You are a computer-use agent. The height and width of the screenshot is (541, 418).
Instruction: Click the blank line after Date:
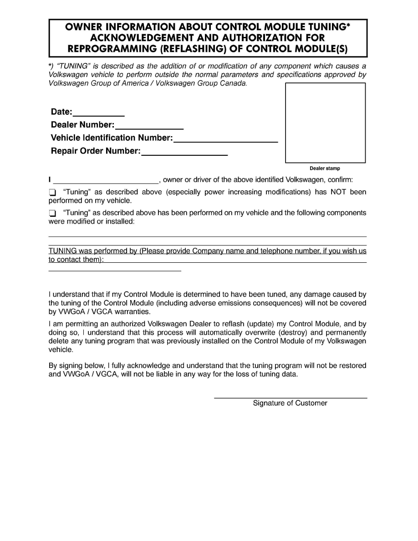[99, 113]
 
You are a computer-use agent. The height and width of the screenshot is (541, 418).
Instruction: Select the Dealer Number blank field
[149, 126]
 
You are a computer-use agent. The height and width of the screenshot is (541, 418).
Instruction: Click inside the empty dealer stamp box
[325, 122]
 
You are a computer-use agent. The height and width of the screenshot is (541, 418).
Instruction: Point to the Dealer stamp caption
[325, 168]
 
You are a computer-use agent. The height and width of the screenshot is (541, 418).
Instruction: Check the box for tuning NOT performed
[52, 192]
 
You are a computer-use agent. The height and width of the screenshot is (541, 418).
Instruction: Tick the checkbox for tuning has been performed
[52, 213]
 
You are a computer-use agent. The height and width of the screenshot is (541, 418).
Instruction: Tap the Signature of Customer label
[290, 403]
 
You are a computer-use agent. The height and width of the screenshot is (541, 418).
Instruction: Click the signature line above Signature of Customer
[291, 398]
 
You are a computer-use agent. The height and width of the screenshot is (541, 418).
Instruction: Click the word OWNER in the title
[83, 27]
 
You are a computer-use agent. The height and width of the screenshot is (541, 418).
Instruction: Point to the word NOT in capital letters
[338, 192]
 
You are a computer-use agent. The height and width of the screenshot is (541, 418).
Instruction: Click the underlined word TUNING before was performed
[62, 251]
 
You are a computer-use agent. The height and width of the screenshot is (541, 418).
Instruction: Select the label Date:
[61, 112]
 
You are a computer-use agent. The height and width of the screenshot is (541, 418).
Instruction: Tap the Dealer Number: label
[82, 125]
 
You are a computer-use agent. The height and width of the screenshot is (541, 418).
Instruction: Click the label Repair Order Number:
[96, 151]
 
